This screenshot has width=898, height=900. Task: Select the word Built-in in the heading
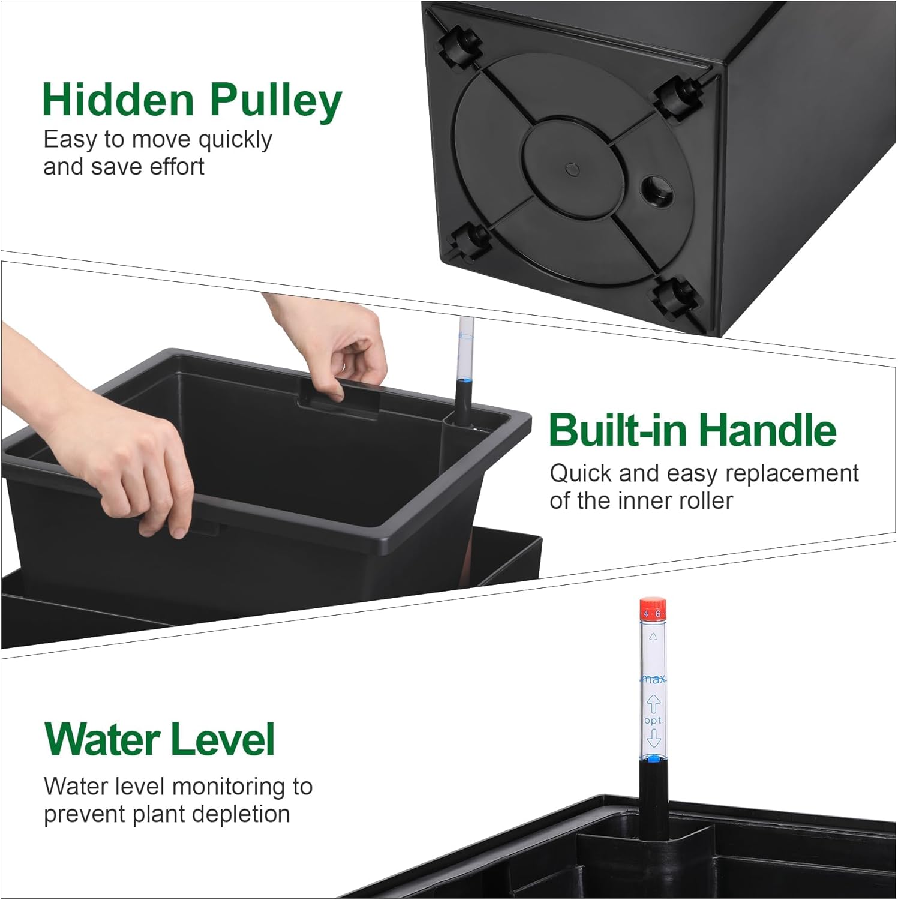(617, 430)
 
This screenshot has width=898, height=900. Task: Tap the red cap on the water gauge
(652, 608)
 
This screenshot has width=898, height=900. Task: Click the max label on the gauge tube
(653, 679)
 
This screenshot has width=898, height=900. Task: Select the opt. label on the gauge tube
(653, 720)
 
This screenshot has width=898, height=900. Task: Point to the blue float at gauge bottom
(653, 759)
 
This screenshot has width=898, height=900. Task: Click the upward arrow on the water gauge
(653, 703)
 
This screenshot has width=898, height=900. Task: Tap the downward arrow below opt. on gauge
(653, 737)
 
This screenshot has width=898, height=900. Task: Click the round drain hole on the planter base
(656, 190)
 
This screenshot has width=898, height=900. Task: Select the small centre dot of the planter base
(573, 170)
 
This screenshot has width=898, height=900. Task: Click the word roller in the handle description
(705, 501)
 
